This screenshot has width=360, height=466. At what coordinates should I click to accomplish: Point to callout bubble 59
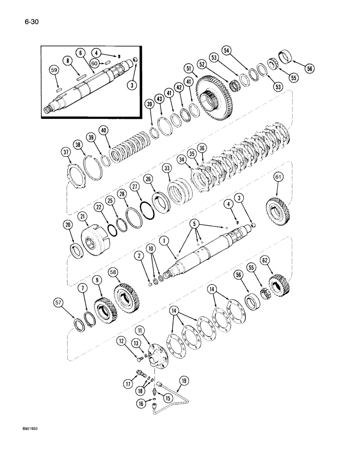(x=55, y=71)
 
